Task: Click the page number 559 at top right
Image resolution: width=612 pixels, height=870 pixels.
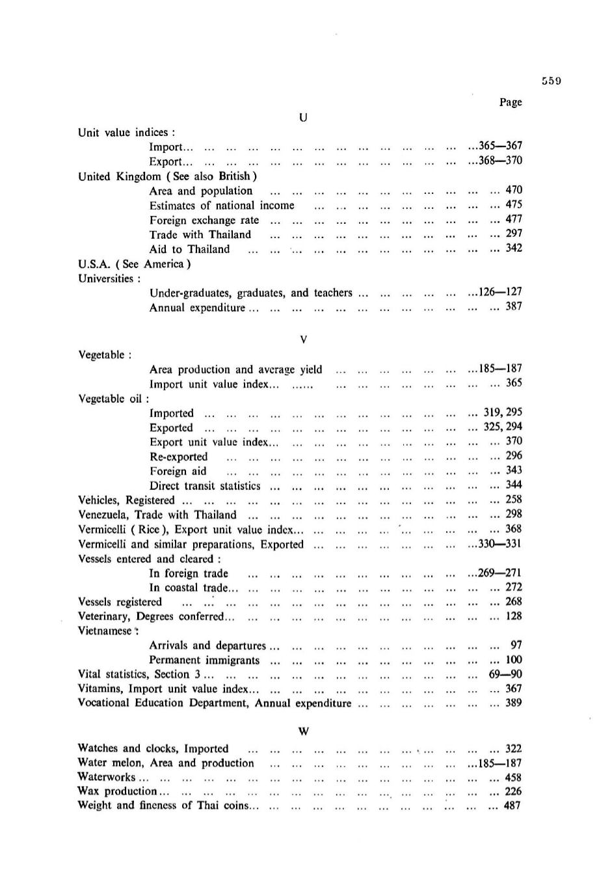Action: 551,81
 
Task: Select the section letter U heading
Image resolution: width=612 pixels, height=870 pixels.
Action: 303,118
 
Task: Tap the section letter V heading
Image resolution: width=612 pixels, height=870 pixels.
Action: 303,340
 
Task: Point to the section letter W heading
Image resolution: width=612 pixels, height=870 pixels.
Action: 303,731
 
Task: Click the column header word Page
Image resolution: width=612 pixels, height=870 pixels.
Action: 511,102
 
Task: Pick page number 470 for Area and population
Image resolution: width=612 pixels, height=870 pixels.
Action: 514,190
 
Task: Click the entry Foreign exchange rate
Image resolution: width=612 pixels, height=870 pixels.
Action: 204,220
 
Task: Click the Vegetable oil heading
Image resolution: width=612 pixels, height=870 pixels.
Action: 113,399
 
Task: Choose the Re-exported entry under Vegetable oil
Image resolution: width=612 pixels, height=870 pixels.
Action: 178,457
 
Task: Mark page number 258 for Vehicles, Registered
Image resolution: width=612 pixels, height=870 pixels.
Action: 514,500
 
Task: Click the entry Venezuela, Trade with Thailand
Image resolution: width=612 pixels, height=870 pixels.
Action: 157,515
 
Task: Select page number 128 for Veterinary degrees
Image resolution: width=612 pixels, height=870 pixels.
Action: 514,616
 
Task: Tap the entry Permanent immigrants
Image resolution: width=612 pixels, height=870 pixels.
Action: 204,660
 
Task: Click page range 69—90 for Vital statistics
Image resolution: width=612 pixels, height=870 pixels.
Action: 505,674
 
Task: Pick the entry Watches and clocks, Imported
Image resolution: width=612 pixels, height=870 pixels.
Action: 153,749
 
